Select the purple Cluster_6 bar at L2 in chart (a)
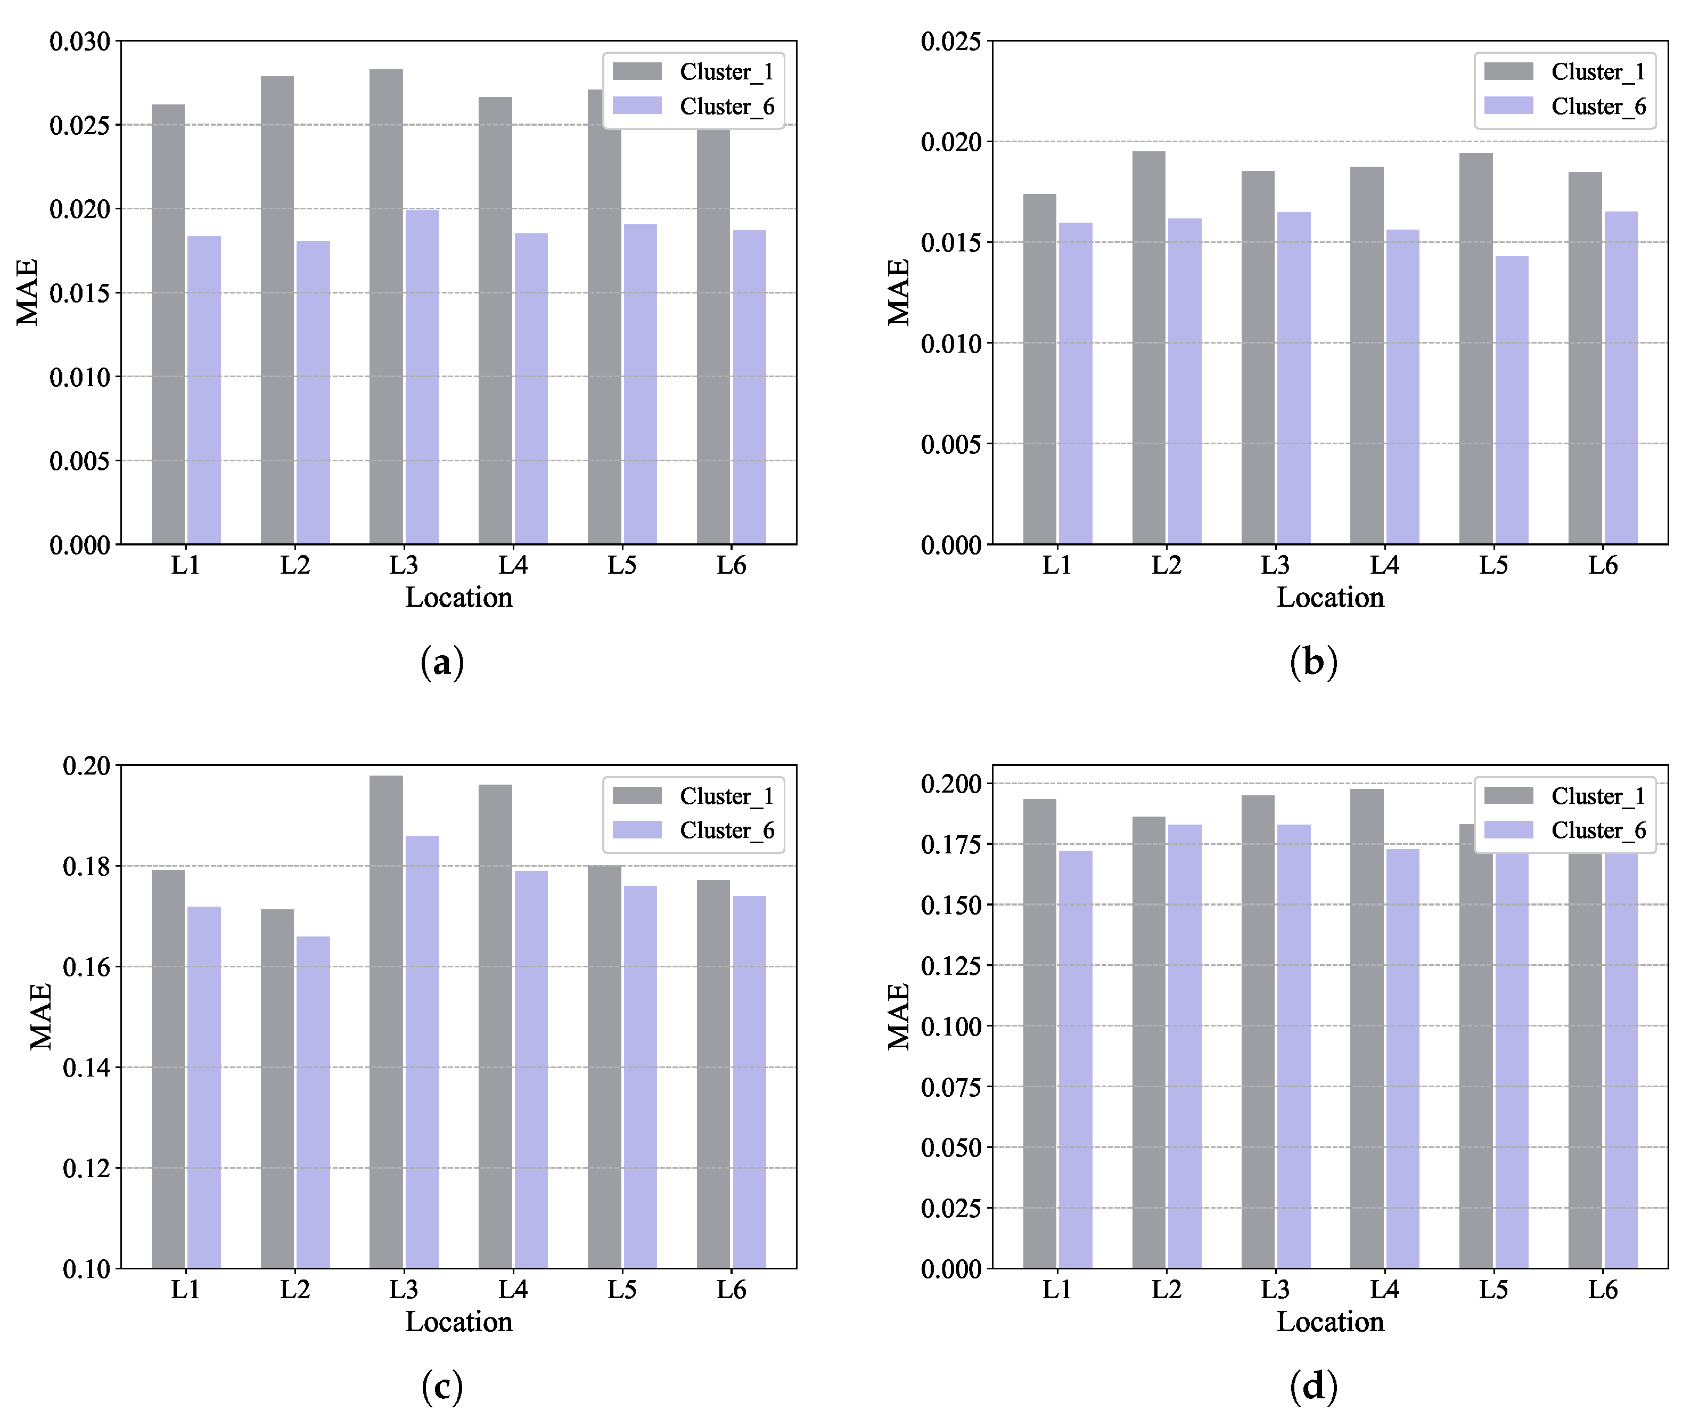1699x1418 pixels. (x=313, y=393)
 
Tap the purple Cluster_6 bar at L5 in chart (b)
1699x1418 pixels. (x=1511, y=400)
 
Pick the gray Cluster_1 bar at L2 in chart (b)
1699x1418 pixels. (x=1149, y=347)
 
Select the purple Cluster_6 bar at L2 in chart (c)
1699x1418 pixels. (x=313, y=1102)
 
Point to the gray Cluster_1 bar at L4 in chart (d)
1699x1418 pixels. (x=1366, y=1029)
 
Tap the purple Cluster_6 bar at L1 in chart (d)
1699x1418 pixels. (x=1075, y=1060)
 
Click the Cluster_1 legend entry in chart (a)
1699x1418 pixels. (x=693, y=72)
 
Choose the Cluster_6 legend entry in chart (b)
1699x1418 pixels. (x=1565, y=106)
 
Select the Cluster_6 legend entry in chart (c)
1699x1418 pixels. (x=693, y=830)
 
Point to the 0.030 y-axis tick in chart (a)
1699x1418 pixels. (x=80, y=41)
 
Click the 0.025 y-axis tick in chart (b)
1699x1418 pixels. (x=951, y=41)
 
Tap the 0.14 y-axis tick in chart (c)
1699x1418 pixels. (x=87, y=1067)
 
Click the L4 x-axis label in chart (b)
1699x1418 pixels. (x=1384, y=565)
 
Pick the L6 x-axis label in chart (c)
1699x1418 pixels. (x=732, y=1289)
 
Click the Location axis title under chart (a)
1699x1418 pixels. (x=459, y=597)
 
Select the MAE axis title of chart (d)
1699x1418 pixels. (x=899, y=1016)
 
